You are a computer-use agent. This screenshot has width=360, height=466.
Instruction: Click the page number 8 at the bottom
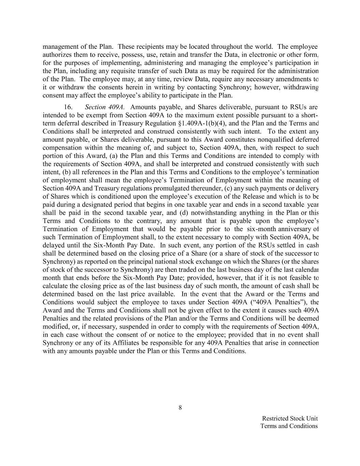(180, 407)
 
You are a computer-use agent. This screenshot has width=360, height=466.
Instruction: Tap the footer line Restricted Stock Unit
(290, 418)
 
